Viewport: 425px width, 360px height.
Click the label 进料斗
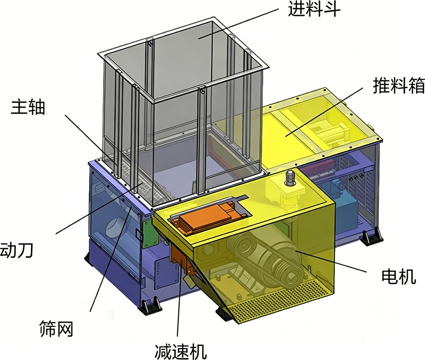314,10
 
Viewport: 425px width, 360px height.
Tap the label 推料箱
398,85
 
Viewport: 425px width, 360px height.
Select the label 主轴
28,108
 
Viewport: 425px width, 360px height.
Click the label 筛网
56,329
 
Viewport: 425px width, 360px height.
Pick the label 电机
399,277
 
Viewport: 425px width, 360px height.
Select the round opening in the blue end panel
115,228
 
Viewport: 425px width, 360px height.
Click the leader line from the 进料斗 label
238,23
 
